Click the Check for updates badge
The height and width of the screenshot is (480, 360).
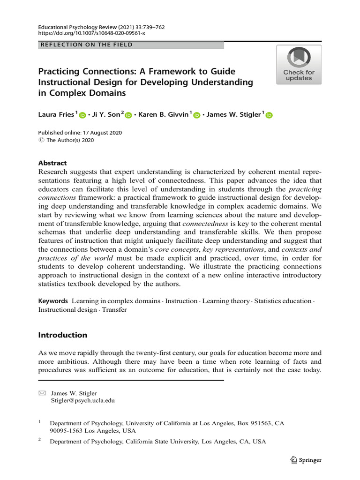[x=299, y=65]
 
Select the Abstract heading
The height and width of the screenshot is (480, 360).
[x=52, y=163]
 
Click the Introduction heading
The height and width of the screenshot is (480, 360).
[x=63, y=335]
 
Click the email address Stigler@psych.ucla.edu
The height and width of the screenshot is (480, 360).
[x=82, y=401]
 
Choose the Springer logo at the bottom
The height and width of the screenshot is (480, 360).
[x=306, y=460]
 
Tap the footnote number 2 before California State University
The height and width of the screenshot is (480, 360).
[x=40, y=440]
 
